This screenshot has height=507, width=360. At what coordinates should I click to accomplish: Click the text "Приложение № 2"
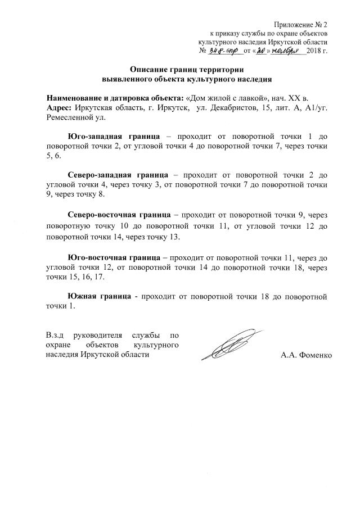point(300,24)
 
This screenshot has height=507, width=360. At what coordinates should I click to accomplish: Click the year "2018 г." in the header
point(317,51)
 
